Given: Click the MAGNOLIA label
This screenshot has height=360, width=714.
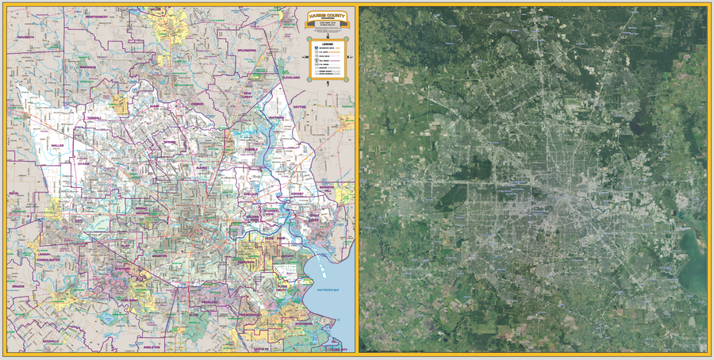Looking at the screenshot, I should pos(87,67).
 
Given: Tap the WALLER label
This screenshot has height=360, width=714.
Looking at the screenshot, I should pos(57,145).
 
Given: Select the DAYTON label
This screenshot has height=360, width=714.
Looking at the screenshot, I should pos(298,106).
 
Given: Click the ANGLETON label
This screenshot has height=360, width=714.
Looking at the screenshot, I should pos(152,347).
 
